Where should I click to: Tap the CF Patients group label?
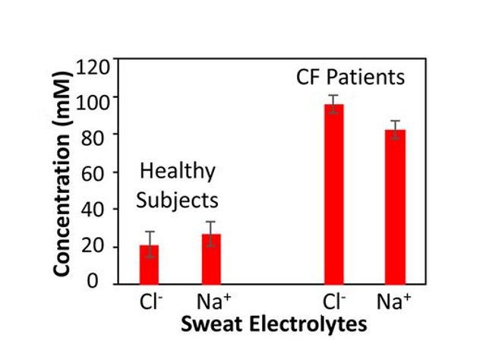(350, 77)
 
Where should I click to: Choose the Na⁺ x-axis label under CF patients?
(396, 300)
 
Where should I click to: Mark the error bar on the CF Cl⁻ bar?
(334, 104)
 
